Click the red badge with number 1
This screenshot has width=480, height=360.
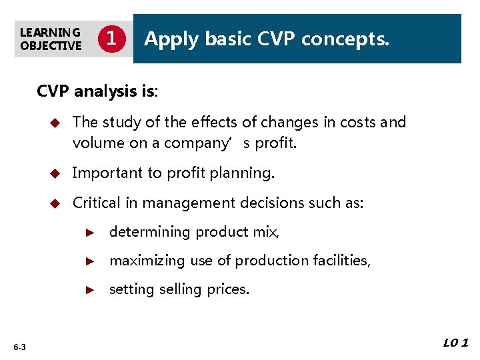[x=112, y=39]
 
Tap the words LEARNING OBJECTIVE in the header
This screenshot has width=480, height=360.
[x=51, y=39]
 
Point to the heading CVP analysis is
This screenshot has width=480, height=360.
[x=97, y=91]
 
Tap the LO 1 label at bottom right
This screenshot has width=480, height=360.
[x=455, y=343]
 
